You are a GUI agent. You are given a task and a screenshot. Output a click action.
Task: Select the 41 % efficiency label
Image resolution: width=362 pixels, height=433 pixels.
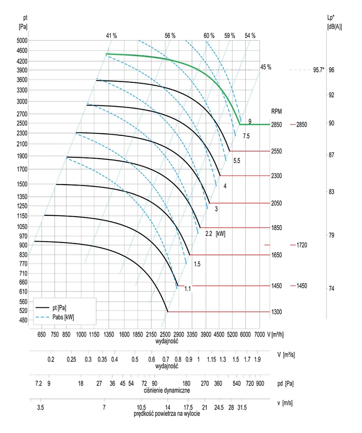111,36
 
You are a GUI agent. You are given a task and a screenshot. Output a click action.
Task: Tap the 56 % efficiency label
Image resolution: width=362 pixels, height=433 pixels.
170,36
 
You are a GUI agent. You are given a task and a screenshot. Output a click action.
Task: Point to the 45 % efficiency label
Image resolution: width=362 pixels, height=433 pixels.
265,67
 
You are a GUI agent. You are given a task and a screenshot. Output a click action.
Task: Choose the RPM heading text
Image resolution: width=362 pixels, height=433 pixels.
276,112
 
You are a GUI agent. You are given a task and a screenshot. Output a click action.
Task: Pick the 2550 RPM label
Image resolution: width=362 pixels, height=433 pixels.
276,151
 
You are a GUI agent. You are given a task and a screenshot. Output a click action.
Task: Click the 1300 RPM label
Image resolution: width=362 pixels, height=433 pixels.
276,312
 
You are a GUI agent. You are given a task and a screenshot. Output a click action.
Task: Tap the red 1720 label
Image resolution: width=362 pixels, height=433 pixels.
302,245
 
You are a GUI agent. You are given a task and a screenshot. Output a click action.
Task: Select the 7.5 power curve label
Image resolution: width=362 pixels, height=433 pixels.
246,135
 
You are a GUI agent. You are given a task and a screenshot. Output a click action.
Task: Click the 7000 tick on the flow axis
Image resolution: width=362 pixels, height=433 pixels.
260,334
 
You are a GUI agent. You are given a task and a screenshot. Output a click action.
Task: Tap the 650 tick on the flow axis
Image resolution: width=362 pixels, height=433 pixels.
41,334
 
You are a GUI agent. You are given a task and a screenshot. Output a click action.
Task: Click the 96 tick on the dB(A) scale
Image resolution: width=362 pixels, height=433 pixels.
331,70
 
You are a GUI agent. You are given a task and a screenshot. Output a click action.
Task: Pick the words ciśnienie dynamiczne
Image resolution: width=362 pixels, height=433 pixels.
167,390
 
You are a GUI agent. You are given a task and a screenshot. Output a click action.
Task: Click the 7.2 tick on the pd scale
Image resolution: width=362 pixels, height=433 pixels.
39,384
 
